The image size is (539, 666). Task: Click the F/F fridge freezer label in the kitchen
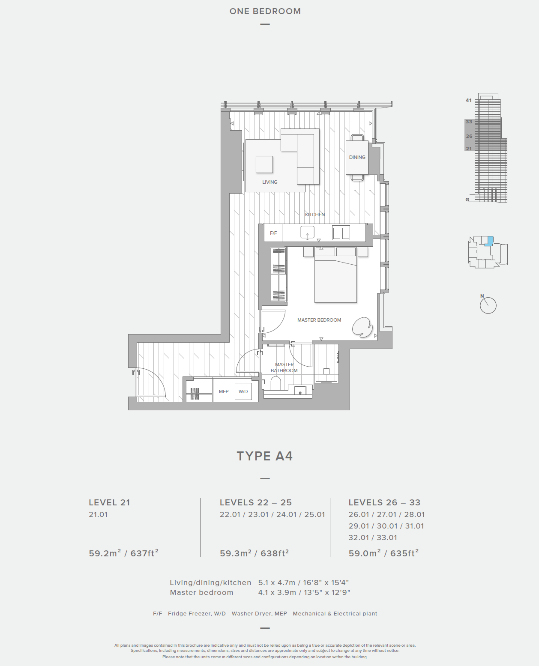(273, 233)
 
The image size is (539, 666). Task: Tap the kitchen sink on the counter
(307, 233)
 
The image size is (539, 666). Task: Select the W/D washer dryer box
(243, 391)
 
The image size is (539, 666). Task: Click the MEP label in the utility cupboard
(224, 391)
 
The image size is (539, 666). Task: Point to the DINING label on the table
(357, 157)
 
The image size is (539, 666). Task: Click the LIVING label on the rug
(269, 182)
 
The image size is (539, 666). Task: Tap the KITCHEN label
(315, 215)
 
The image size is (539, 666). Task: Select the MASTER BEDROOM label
(319, 320)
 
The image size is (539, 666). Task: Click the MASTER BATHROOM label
(284, 367)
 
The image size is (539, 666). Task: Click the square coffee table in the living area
(264, 164)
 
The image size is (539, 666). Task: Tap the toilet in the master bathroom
(275, 384)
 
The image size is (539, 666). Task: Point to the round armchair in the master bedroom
(362, 327)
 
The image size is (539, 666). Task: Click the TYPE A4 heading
(265, 456)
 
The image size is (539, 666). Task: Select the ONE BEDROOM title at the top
(265, 11)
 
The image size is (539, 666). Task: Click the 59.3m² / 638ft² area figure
(254, 553)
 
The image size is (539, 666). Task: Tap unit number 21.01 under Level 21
(98, 514)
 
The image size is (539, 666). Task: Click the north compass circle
(488, 305)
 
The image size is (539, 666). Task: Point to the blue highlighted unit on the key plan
(489, 241)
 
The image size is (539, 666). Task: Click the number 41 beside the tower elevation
(468, 100)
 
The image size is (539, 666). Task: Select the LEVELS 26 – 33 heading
(384, 502)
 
